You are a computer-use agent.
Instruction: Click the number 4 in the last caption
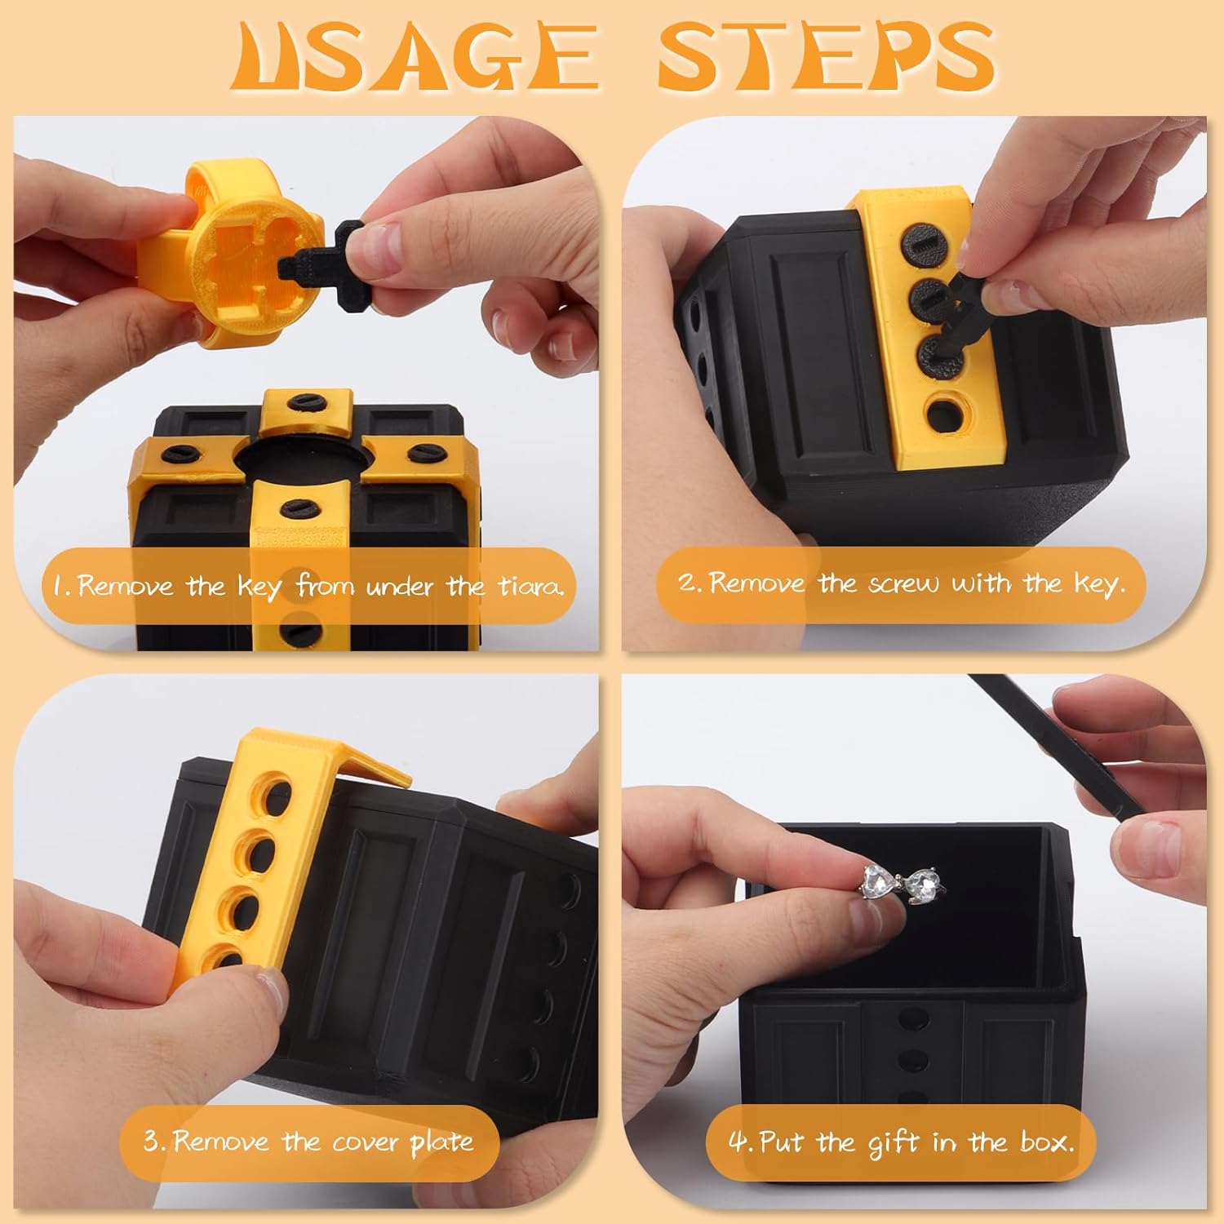739,1141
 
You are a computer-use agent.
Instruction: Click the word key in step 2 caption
1098,583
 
